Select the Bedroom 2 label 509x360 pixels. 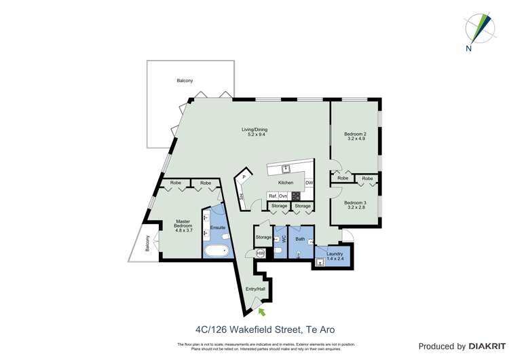point(355,137)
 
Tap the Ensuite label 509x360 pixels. point(218,228)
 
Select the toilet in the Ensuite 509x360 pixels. point(225,236)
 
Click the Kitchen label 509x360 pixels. point(286,183)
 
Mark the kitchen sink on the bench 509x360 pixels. point(286,168)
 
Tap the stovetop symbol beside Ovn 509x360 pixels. point(296,196)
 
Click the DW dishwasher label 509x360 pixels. point(309,183)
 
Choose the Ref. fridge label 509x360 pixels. point(272,196)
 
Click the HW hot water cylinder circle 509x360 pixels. point(260,253)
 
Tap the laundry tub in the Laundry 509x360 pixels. point(320,262)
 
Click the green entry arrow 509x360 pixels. point(261,312)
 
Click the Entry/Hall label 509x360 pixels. point(256,289)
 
